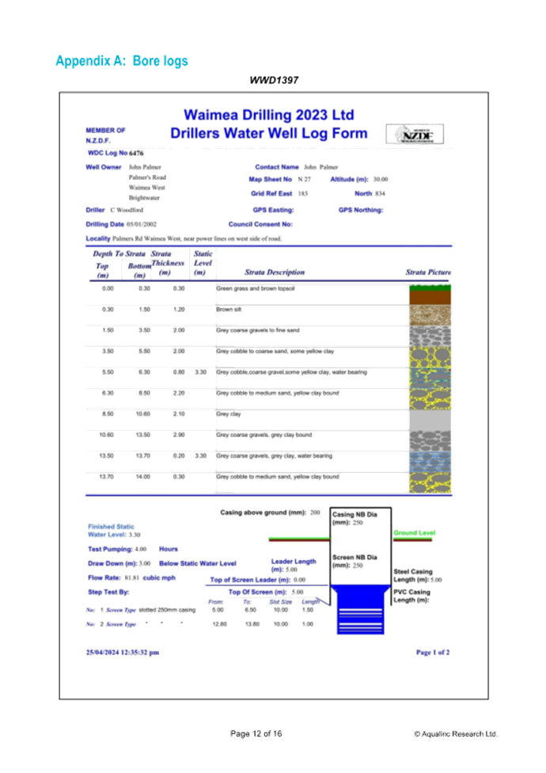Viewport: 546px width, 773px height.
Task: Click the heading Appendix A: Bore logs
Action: tap(122, 60)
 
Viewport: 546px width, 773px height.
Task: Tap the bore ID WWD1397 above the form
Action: tap(274, 80)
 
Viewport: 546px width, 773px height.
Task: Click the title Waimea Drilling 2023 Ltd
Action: tap(270, 115)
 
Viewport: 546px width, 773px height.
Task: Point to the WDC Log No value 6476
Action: tap(137, 152)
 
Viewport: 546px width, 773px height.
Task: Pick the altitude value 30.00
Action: tap(381, 180)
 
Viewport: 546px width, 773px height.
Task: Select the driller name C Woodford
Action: tap(127, 210)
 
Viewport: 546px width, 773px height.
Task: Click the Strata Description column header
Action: tap(274, 272)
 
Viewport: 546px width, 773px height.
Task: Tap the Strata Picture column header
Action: tap(428, 272)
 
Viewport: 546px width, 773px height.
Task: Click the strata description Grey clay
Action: tap(229, 414)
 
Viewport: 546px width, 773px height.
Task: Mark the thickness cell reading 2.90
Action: tap(179, 435)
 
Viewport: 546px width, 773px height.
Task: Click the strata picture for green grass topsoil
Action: tap(430, 294)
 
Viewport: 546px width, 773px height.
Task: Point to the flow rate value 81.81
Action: tap(131, 577)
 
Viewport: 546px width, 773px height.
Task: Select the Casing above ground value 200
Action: tap(315, 512)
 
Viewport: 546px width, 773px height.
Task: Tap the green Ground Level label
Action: tap(415, 533)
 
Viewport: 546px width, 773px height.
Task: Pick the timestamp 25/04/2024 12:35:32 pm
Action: tap(123, 652)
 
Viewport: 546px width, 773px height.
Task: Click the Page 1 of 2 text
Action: tap(433, 652)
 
